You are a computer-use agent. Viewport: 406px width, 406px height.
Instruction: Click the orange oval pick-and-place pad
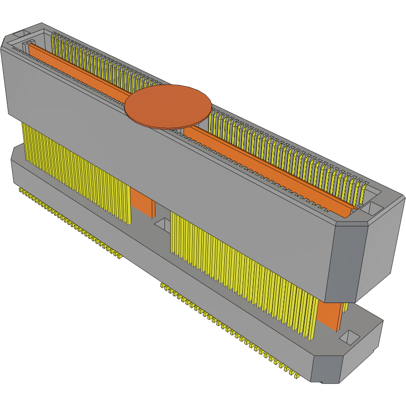pyautogui.click(x=168, y=106)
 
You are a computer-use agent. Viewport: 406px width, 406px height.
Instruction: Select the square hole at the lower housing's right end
pyautogui.click(x=349, y=336)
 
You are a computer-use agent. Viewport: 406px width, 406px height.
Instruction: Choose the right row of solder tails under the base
pyautogui.click(x=231, y=331)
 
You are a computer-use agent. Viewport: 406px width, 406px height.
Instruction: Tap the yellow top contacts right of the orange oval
pyautogui.click(x=289, y=152)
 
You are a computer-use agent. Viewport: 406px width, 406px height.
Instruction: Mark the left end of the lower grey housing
pyautogui.click(x=16, y=163)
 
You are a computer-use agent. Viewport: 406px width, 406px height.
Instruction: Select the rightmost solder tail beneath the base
pyautogui.click(x=297, y=377)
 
